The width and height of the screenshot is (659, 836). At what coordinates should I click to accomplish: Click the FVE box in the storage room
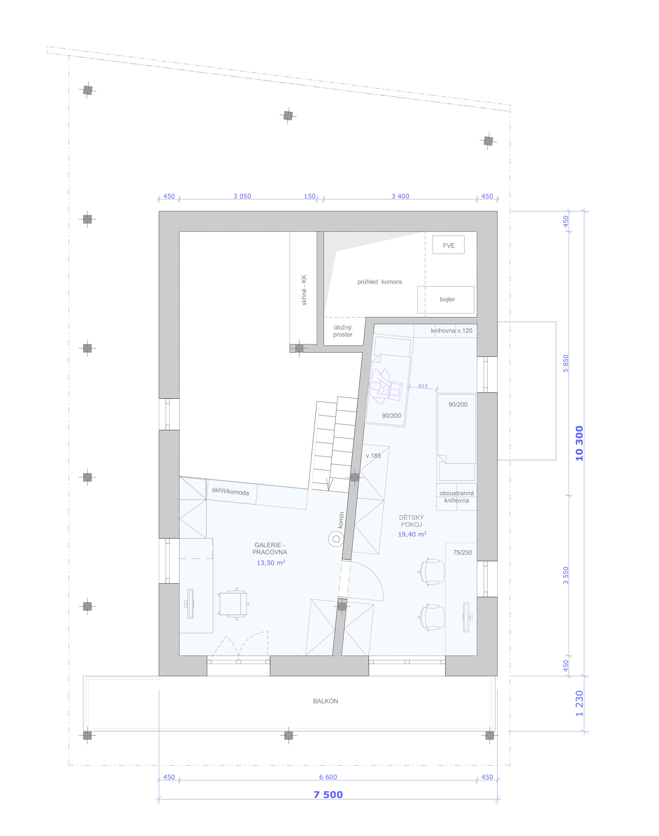pyautogui.click(x=448, y=245)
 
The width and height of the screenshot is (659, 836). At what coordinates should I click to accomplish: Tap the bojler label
pyautogui.click(x=447, y=299)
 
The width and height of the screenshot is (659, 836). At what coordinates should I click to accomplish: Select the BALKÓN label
pyautogui.click(x=326, y=701)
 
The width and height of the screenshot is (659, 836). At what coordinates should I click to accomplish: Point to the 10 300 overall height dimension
pyautogui.click(x=579, y=443)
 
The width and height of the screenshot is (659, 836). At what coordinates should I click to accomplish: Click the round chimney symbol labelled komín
pyautogui.click(x=336, y=539)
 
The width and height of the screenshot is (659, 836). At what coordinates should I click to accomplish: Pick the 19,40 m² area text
pyautogui.click(x=412, y=534)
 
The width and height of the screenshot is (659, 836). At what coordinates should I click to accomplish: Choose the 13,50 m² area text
pyautogui.click(x=271, y=562)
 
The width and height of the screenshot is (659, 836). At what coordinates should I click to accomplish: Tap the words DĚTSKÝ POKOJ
pyautogui.click(x=411, y=521)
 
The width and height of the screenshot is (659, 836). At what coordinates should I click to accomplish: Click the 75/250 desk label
pyautogui.click(x=462, y=552)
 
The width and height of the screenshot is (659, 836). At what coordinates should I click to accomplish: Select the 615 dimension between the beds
pyautogui.click(x=423, y=386)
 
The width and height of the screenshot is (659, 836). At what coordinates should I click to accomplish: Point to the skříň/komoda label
pyautogui.click(x=230, y=491)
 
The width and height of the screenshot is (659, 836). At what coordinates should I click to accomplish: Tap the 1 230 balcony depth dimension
pyautogui.click(x=579, y=703)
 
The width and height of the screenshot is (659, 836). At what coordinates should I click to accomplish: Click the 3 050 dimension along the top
pyautogui.click(x=242, y=196)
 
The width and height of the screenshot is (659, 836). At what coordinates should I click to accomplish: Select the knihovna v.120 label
pyautogui.click(x=451, y=330)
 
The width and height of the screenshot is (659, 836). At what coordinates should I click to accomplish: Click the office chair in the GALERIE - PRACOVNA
pyautogui.click(x=233, y=604)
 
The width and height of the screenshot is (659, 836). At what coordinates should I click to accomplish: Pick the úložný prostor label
pyautogui.click(x=343, y=331)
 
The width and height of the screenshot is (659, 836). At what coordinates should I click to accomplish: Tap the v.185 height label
pyautogui.click(x=373, y=456)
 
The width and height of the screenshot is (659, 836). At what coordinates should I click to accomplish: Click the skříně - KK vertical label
pyautogui.click(x=304, y=290)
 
